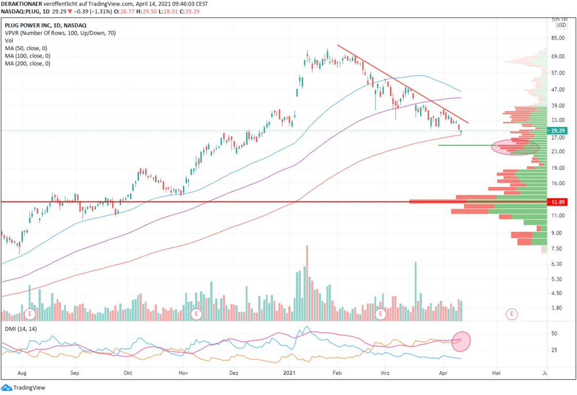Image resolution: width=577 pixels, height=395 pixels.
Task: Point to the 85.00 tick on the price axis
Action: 557,39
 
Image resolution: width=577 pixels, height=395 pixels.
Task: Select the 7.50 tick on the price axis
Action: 557,249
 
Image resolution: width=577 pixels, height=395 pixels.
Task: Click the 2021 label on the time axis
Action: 290,373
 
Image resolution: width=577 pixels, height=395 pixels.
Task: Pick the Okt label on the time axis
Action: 128,373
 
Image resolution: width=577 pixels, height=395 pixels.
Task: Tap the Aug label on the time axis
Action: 23,373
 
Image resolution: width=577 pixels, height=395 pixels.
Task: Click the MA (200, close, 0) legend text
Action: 27,63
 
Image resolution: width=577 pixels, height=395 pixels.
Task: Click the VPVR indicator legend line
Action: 60,33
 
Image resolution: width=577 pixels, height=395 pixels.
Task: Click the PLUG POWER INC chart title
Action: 46,25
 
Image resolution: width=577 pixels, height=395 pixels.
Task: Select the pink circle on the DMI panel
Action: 462,341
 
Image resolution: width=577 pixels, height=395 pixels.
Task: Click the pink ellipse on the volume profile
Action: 515,147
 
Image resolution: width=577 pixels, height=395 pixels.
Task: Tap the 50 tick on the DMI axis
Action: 554,334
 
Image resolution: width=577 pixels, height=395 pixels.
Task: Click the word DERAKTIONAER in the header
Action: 22,3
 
